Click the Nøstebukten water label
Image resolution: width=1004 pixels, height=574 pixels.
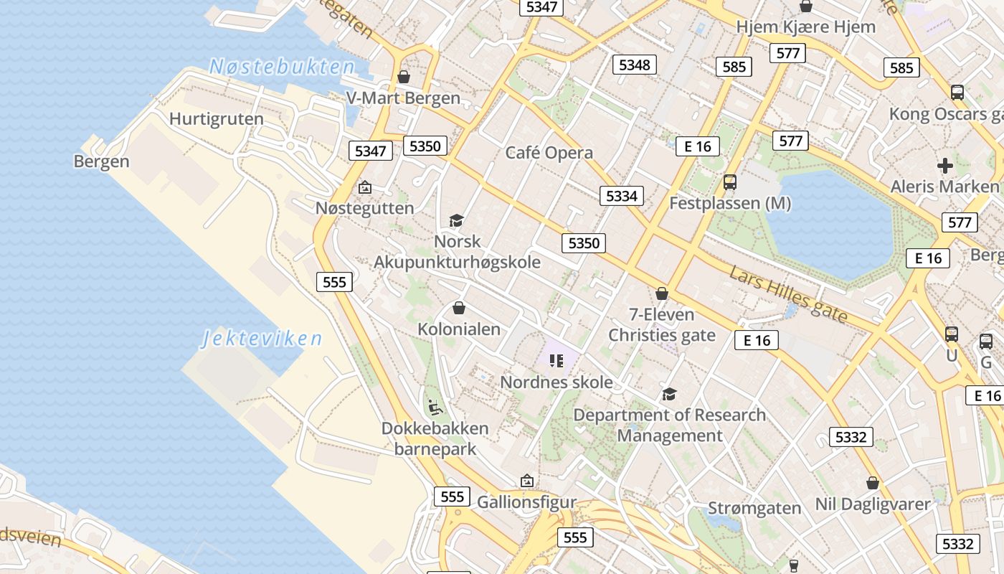(x=282, y=67)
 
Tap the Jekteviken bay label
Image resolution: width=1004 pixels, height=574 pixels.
(x=262, y=338)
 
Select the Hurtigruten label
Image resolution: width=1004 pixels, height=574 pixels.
(x=217, y=118)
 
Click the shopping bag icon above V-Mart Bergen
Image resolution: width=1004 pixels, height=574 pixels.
(x=404, y=76)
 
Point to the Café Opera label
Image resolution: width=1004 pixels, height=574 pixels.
(x=549, y=153)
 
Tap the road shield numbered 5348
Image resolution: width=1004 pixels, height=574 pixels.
(x=635, y=65)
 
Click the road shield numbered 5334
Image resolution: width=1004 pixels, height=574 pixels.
(x=622, y=196)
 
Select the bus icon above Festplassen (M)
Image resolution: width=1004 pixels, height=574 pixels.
(x=730, y=182)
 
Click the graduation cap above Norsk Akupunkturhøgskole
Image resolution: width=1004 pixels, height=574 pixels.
(x=456, y=220)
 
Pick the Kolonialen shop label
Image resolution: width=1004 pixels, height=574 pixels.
(x=459, y=329)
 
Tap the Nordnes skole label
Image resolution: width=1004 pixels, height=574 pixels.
(x=557, y=382)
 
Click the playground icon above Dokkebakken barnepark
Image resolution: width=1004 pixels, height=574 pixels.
(x=434, y=408)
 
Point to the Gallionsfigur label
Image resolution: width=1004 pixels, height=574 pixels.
(x=527, y=502)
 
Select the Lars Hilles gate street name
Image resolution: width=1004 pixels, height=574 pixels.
(x=789, y=294)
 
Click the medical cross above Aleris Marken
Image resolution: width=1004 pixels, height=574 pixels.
(x=945, y=166)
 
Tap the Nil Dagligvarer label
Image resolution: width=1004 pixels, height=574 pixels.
(x=873, y=504)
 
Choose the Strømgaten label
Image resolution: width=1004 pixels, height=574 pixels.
(x=754, y=508)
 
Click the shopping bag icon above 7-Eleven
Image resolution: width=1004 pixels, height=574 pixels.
(x=662, y=293)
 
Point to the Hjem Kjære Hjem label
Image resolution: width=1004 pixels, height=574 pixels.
(x=806, y=27)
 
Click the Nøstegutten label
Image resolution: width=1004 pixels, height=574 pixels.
(x=365, y=208)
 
